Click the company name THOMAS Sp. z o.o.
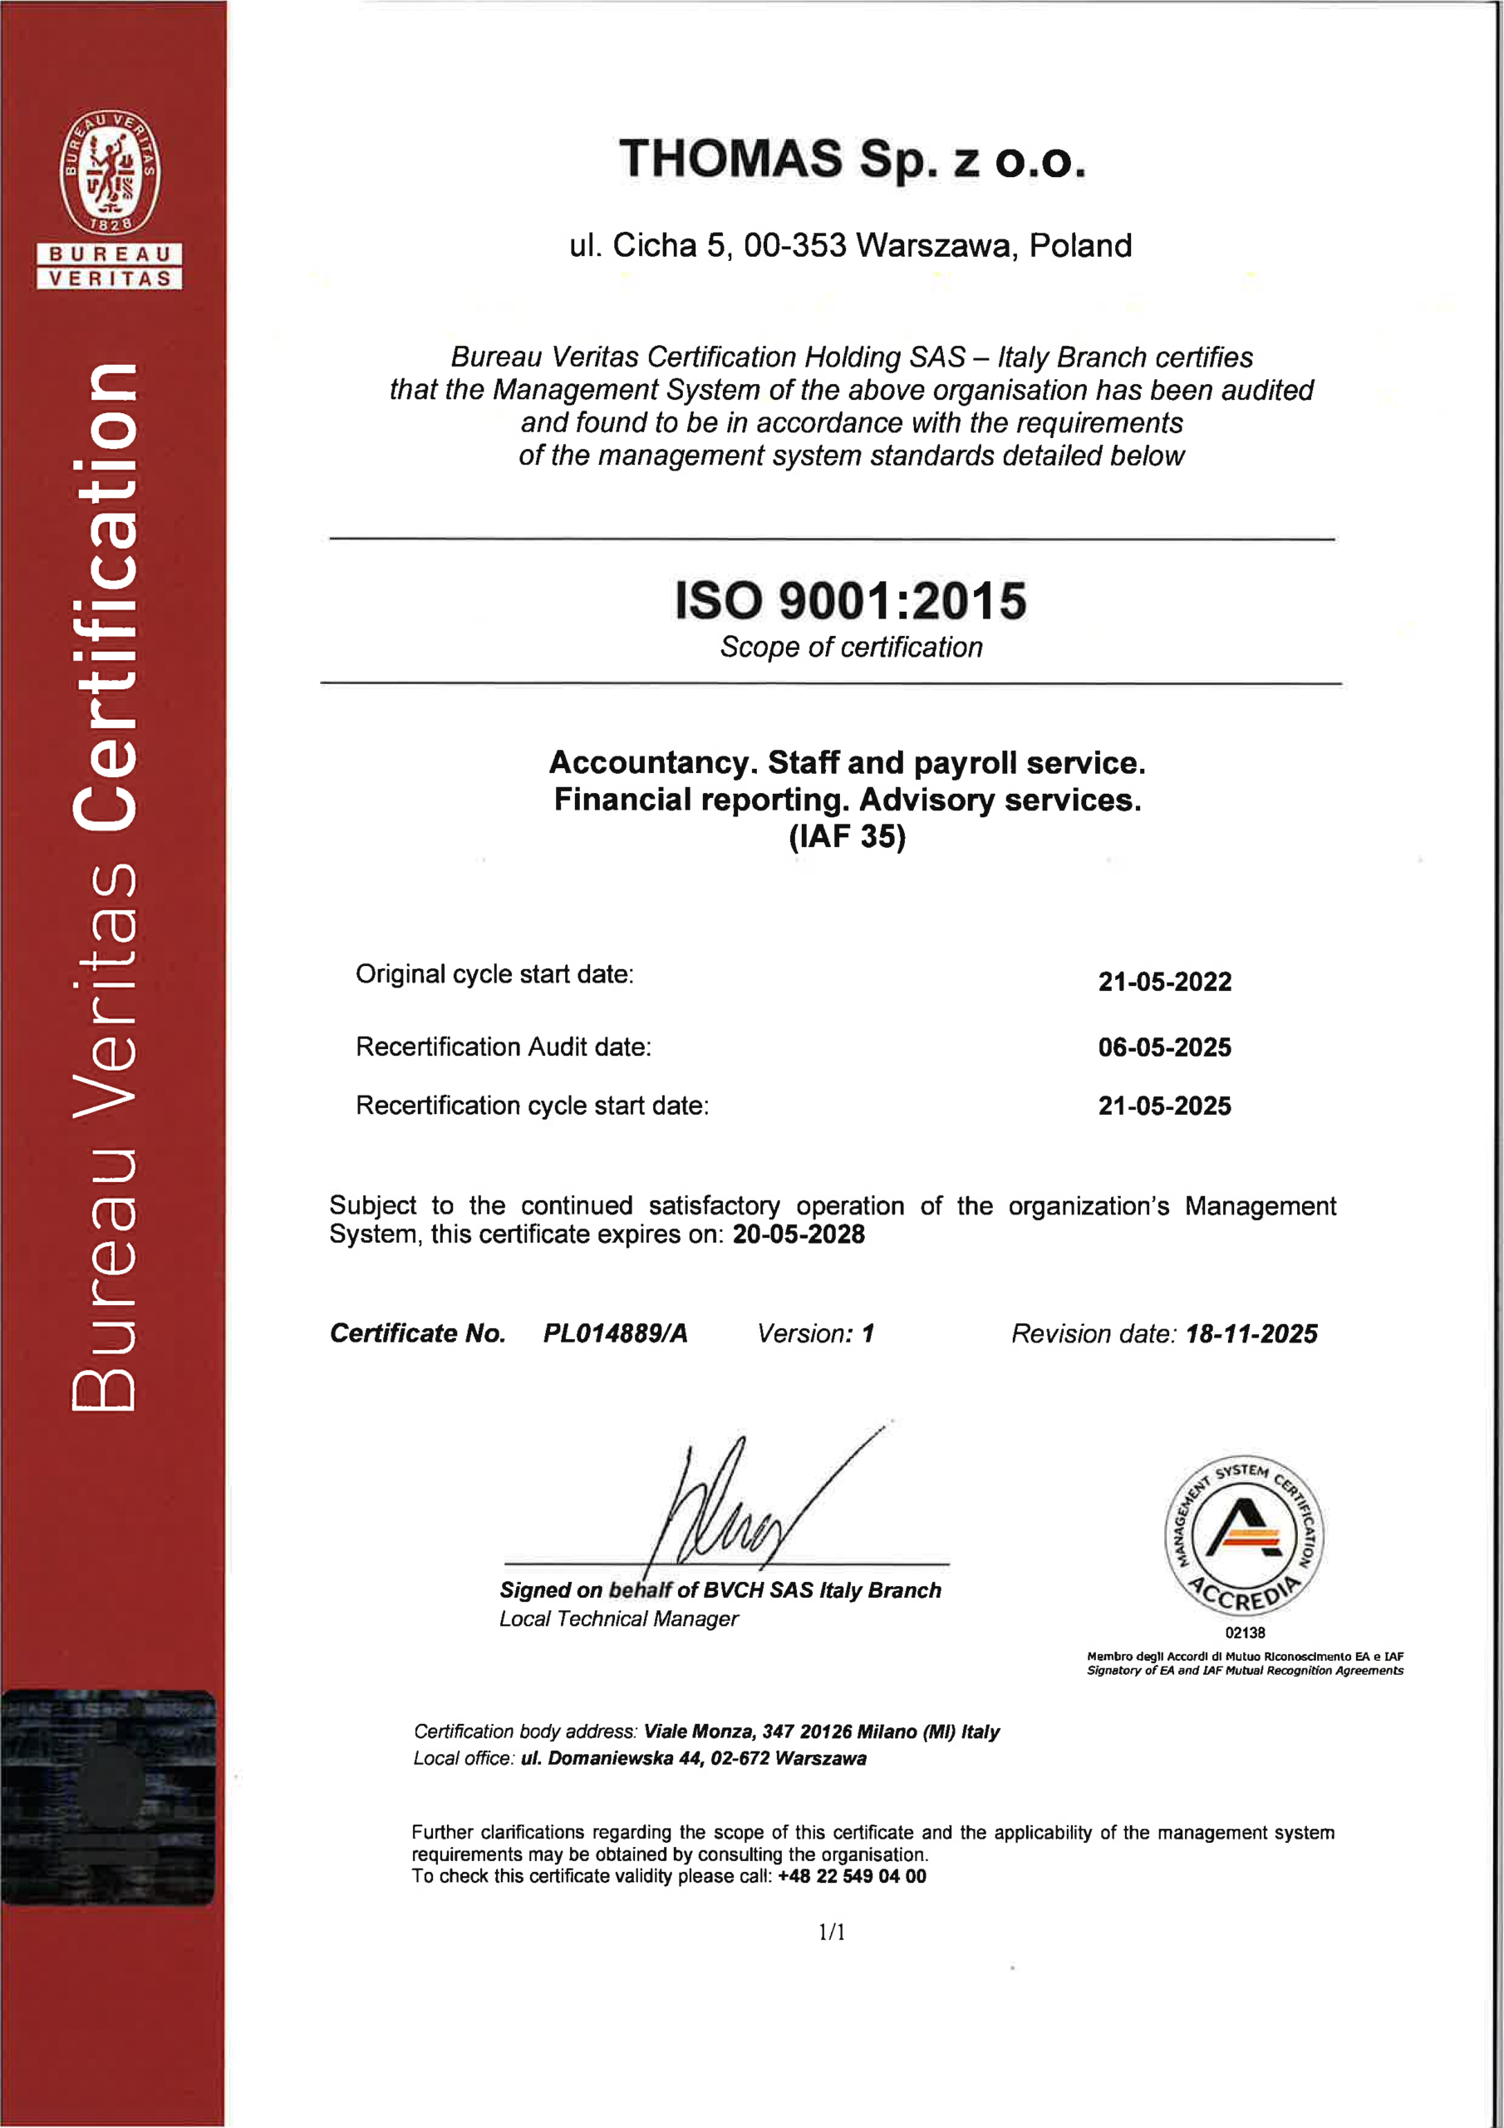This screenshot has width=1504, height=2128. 852,160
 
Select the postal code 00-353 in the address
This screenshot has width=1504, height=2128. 795,245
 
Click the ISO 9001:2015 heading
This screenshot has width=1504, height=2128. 850,601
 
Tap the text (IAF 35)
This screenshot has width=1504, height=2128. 847,836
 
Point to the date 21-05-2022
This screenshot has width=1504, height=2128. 1164,982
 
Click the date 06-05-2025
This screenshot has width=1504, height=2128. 1164,1047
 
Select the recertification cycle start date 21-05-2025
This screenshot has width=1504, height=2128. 1164,1106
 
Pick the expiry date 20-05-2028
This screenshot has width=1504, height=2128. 798,1234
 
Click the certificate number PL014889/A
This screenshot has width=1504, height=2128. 616,1333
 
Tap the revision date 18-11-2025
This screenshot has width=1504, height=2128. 1251,1333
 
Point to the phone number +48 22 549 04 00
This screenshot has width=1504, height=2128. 852,1877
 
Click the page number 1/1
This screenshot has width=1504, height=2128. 831,1933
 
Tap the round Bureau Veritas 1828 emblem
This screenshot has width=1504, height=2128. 110,171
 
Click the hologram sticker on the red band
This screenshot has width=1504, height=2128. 108,1796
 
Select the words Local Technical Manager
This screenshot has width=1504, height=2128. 618,1619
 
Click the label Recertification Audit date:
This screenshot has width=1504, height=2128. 504,1047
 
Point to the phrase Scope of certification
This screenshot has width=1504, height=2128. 851,647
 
